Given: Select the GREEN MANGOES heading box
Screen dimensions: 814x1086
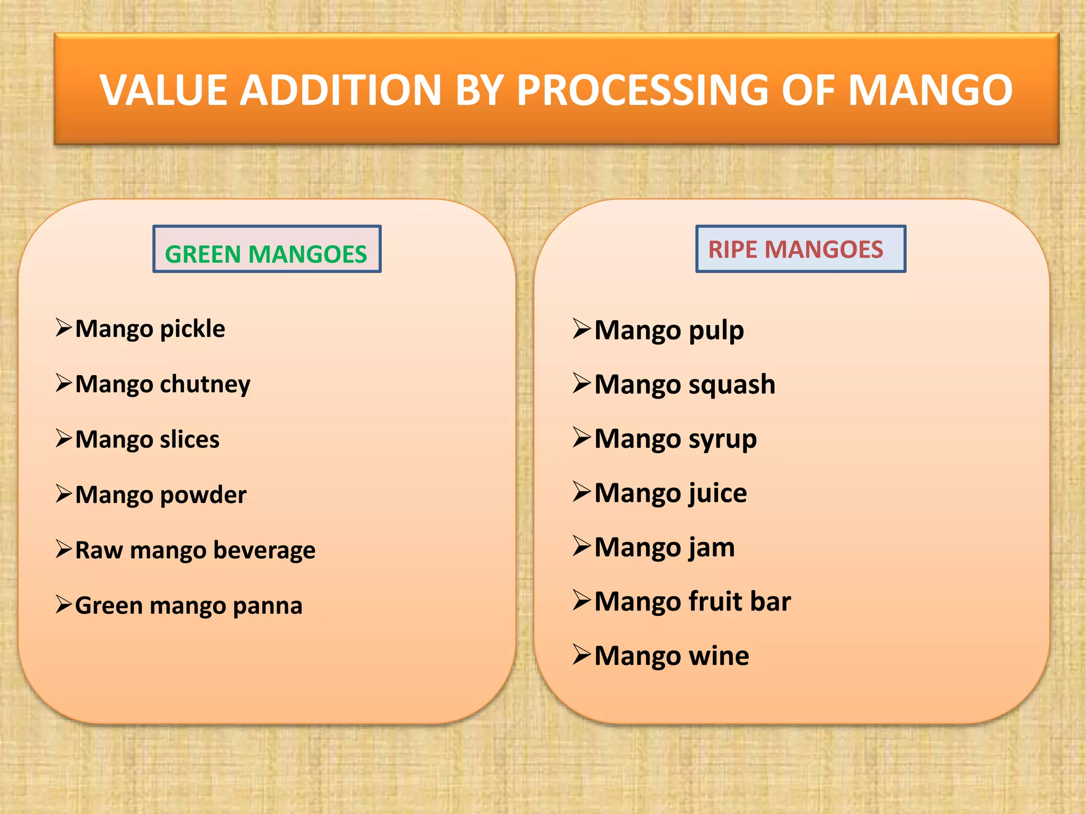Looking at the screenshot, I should pos(267,249).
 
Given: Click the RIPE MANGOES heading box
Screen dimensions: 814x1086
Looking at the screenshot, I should pos(800,249).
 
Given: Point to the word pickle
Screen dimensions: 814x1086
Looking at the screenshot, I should pos(192,329).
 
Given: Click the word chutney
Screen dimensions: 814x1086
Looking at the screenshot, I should pos(205,385).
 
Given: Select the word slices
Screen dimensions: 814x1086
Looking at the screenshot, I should pos(190,440).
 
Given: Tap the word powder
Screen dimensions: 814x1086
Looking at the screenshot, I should pos(203,496).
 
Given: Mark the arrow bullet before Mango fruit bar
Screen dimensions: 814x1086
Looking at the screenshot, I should pos(582,600).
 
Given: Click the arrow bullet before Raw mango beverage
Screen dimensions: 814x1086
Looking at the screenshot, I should pos(64,549).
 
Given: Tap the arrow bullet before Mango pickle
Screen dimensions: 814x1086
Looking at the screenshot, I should pos(64,328).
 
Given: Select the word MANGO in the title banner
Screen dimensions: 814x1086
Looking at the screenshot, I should pos(930,90).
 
